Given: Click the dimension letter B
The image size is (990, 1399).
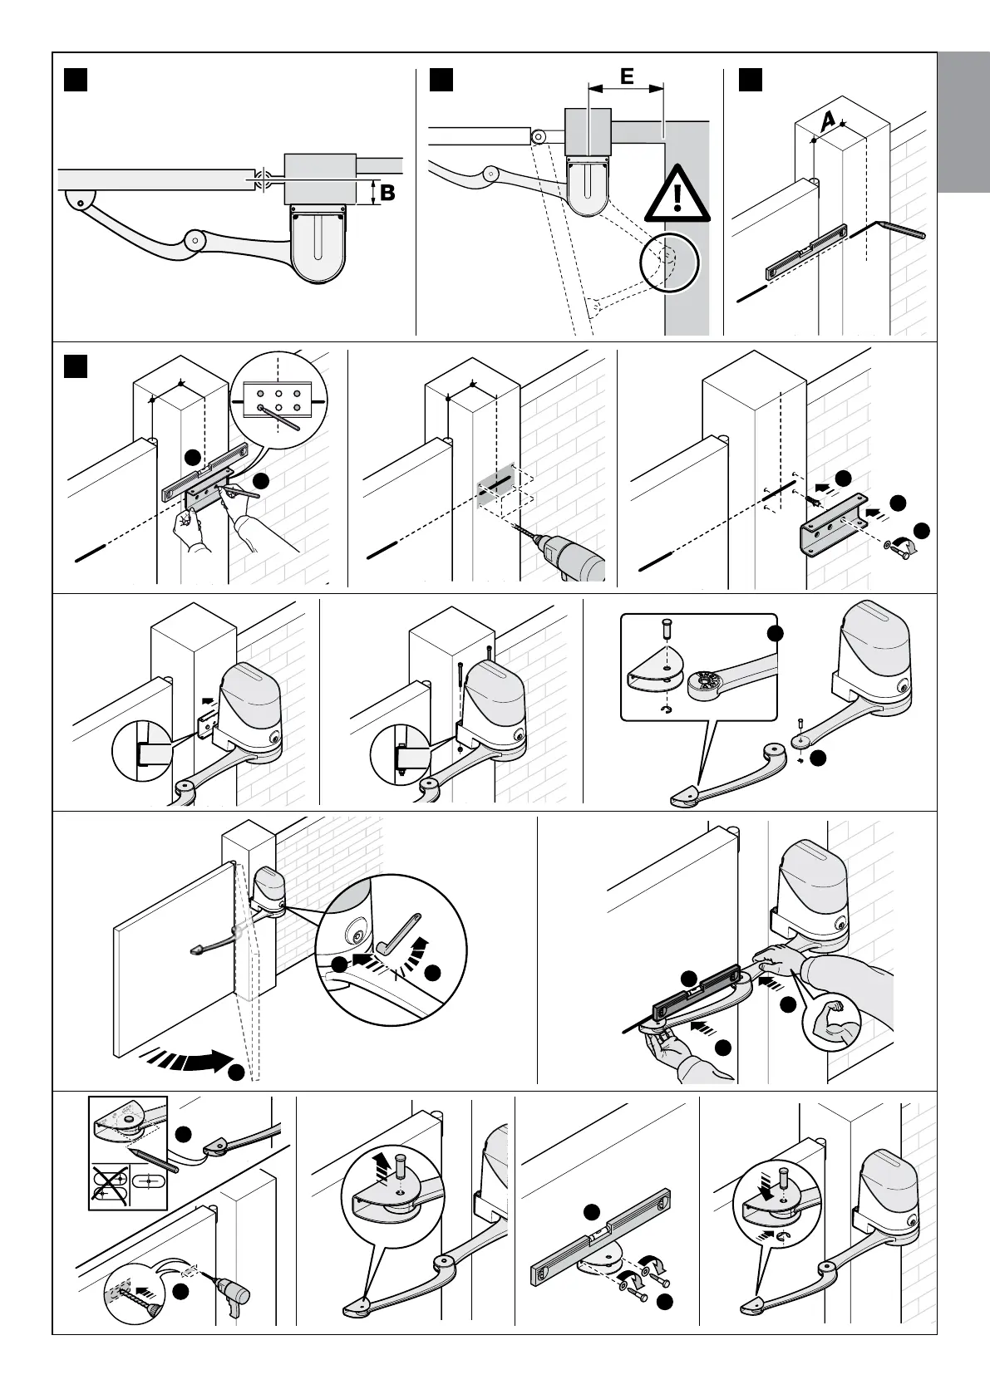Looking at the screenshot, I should [x=387, y=193].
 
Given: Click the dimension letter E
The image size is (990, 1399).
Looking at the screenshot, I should [x=626, y=76].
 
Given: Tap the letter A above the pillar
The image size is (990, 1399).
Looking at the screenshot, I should [x=827, y=121].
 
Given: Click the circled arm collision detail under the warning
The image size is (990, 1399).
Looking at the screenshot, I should [x=669, y=263].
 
